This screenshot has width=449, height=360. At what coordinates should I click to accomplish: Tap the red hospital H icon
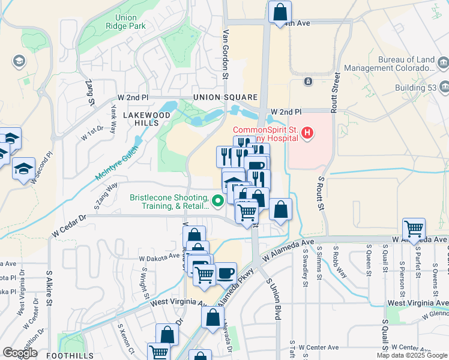[x=307, y=132]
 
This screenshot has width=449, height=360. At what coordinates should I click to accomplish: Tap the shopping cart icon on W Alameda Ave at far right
[x=414, y=229]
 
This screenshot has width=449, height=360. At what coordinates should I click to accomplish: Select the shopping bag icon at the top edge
[x=280, y=11]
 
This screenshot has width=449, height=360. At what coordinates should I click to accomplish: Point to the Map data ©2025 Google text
[x=411, y=355]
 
